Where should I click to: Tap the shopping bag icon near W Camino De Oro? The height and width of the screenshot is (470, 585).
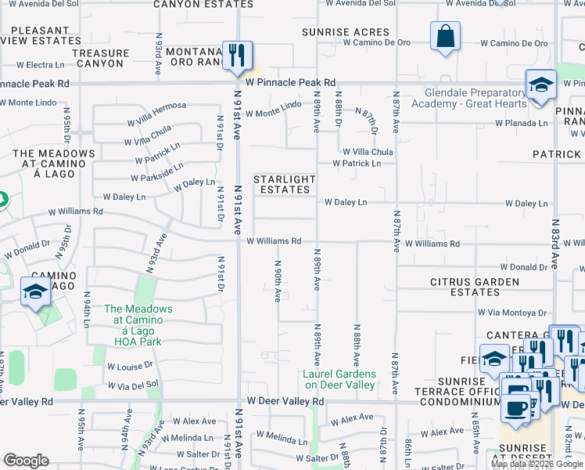tap(445, 36)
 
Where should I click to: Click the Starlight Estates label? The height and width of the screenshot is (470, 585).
tap(285, 185)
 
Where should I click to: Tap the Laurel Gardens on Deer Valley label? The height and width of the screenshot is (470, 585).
tap(340, 379)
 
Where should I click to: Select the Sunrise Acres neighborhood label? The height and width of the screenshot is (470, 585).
tap(346, 32)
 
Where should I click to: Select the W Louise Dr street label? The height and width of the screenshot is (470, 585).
tap(130, 366)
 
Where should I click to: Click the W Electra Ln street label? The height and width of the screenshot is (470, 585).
tap(39, 64)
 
